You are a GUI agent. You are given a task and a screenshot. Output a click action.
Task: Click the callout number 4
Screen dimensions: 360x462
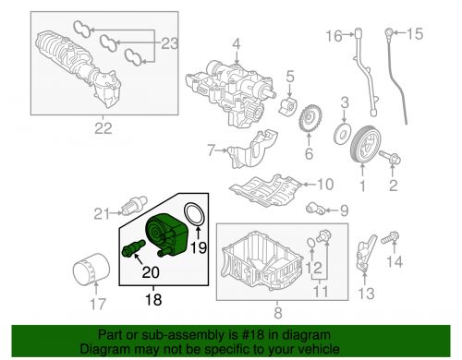(235, 43)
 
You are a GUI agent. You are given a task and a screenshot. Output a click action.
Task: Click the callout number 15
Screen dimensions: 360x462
(414, 35)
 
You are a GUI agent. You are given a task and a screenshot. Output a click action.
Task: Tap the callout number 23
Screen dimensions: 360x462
(167, 42)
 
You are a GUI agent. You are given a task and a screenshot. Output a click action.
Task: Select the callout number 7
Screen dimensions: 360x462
(212, 149)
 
